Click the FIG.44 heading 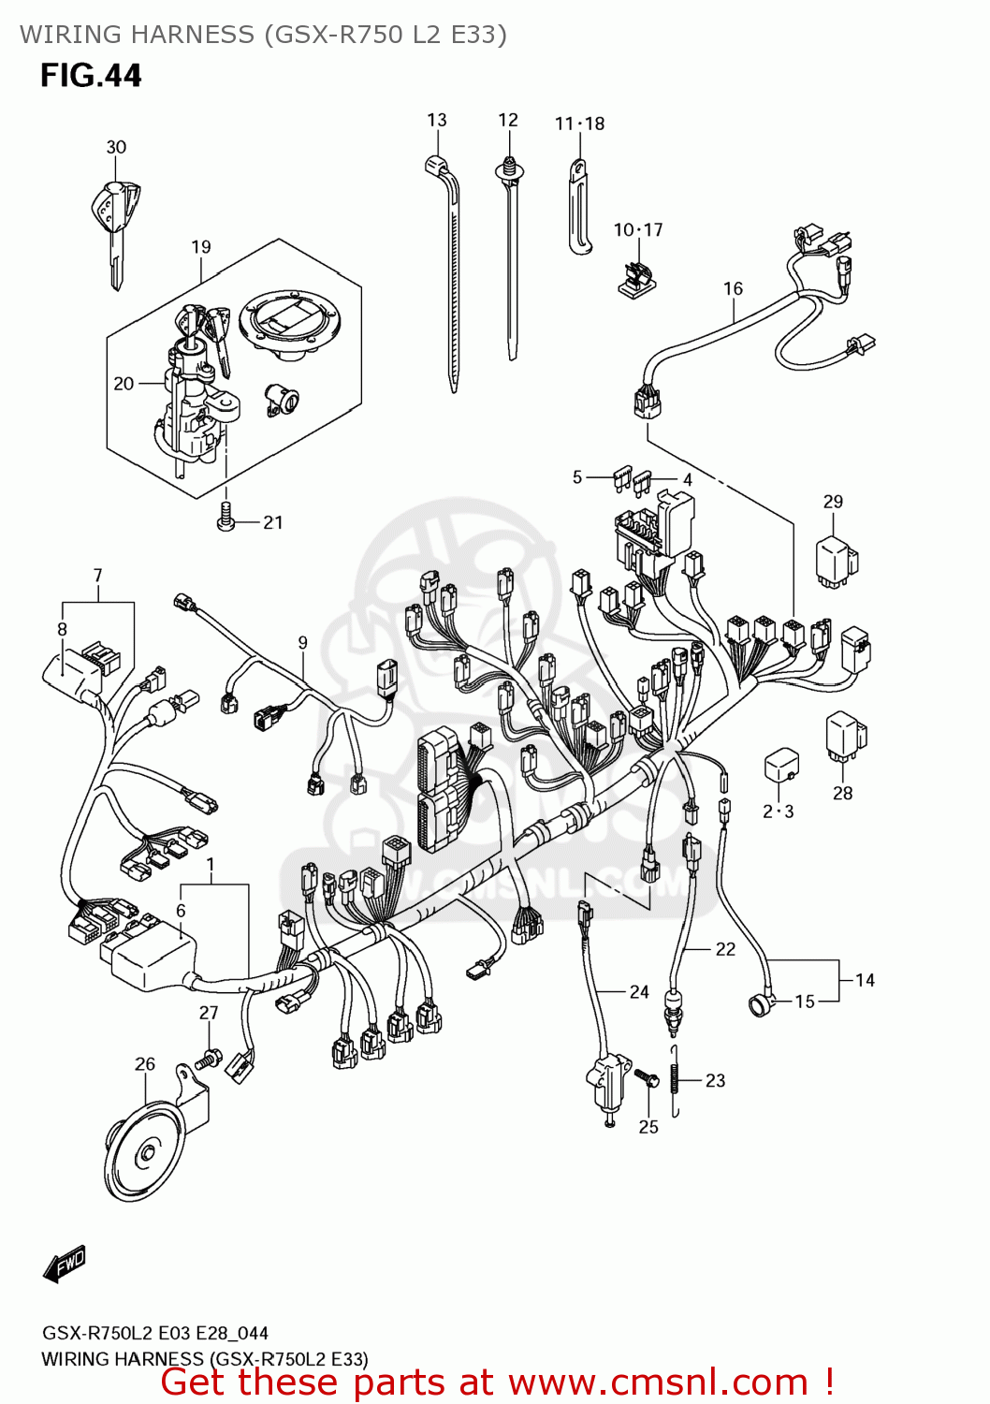click(x=91, y=76)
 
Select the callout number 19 click(x=201, y=247)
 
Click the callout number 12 click(x=508, y=120)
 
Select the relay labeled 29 click(x=836, y=561)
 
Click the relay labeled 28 click(x=845, y=735)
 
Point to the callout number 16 click(x=733, y=288)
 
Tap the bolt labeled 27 click(x=209, y=1060)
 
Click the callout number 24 click(x=639, y=991)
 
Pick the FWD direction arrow click(x=65, y=1264)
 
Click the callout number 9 click(x=302, y=642)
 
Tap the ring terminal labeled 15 click(x=759, y=1006)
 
